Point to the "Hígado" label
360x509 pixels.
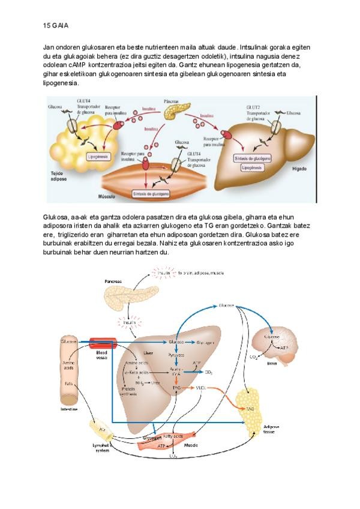298,170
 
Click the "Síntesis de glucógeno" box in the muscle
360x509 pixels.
151,194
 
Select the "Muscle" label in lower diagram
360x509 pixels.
193,445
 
